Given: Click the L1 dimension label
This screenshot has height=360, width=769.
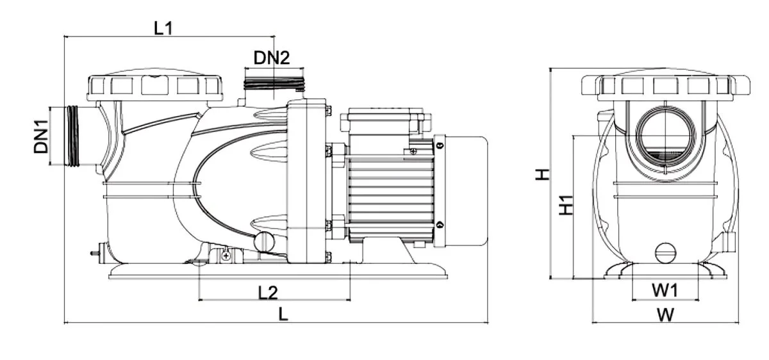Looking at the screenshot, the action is click(163, 28).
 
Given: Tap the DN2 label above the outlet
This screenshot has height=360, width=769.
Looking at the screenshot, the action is click(272, 58).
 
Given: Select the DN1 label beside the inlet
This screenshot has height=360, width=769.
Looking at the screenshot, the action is click(41, 136).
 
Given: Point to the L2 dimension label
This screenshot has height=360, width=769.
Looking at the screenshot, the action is click(268, 293).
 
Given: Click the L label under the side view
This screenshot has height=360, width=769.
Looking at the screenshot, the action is click(283, 314).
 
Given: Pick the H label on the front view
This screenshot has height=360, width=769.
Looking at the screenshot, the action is click(543, 174).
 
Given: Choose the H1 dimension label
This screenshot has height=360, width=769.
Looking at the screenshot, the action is click(566, 205).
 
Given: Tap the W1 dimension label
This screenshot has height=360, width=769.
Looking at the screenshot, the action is click(665, 290).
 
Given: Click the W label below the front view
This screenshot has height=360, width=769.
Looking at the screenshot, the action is click(665, 315).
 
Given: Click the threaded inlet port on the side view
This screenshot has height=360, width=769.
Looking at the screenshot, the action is click(73, 136).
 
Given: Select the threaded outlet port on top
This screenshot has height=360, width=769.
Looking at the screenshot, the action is click(274, 84).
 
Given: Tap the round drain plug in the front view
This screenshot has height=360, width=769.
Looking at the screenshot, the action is click(665, 253).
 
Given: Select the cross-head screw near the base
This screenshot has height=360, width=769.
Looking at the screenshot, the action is click(226, 256).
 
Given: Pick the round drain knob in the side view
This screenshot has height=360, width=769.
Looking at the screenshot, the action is click(264, 242).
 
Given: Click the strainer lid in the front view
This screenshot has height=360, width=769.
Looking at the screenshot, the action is click(665, 85).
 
